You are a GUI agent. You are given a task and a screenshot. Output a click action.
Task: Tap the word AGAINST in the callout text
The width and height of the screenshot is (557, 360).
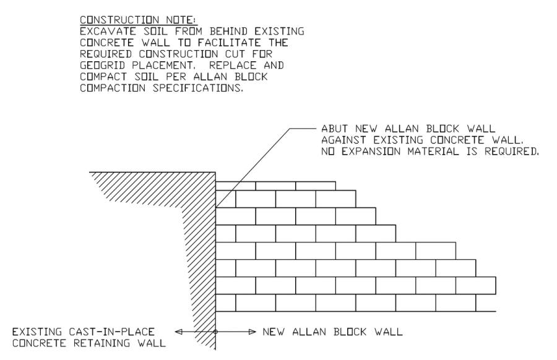(339, 139)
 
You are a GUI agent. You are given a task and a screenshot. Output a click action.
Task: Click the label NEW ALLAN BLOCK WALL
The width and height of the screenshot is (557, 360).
(332, 332)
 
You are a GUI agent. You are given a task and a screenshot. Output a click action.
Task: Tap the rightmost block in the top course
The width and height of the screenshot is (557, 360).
(316, 186)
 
